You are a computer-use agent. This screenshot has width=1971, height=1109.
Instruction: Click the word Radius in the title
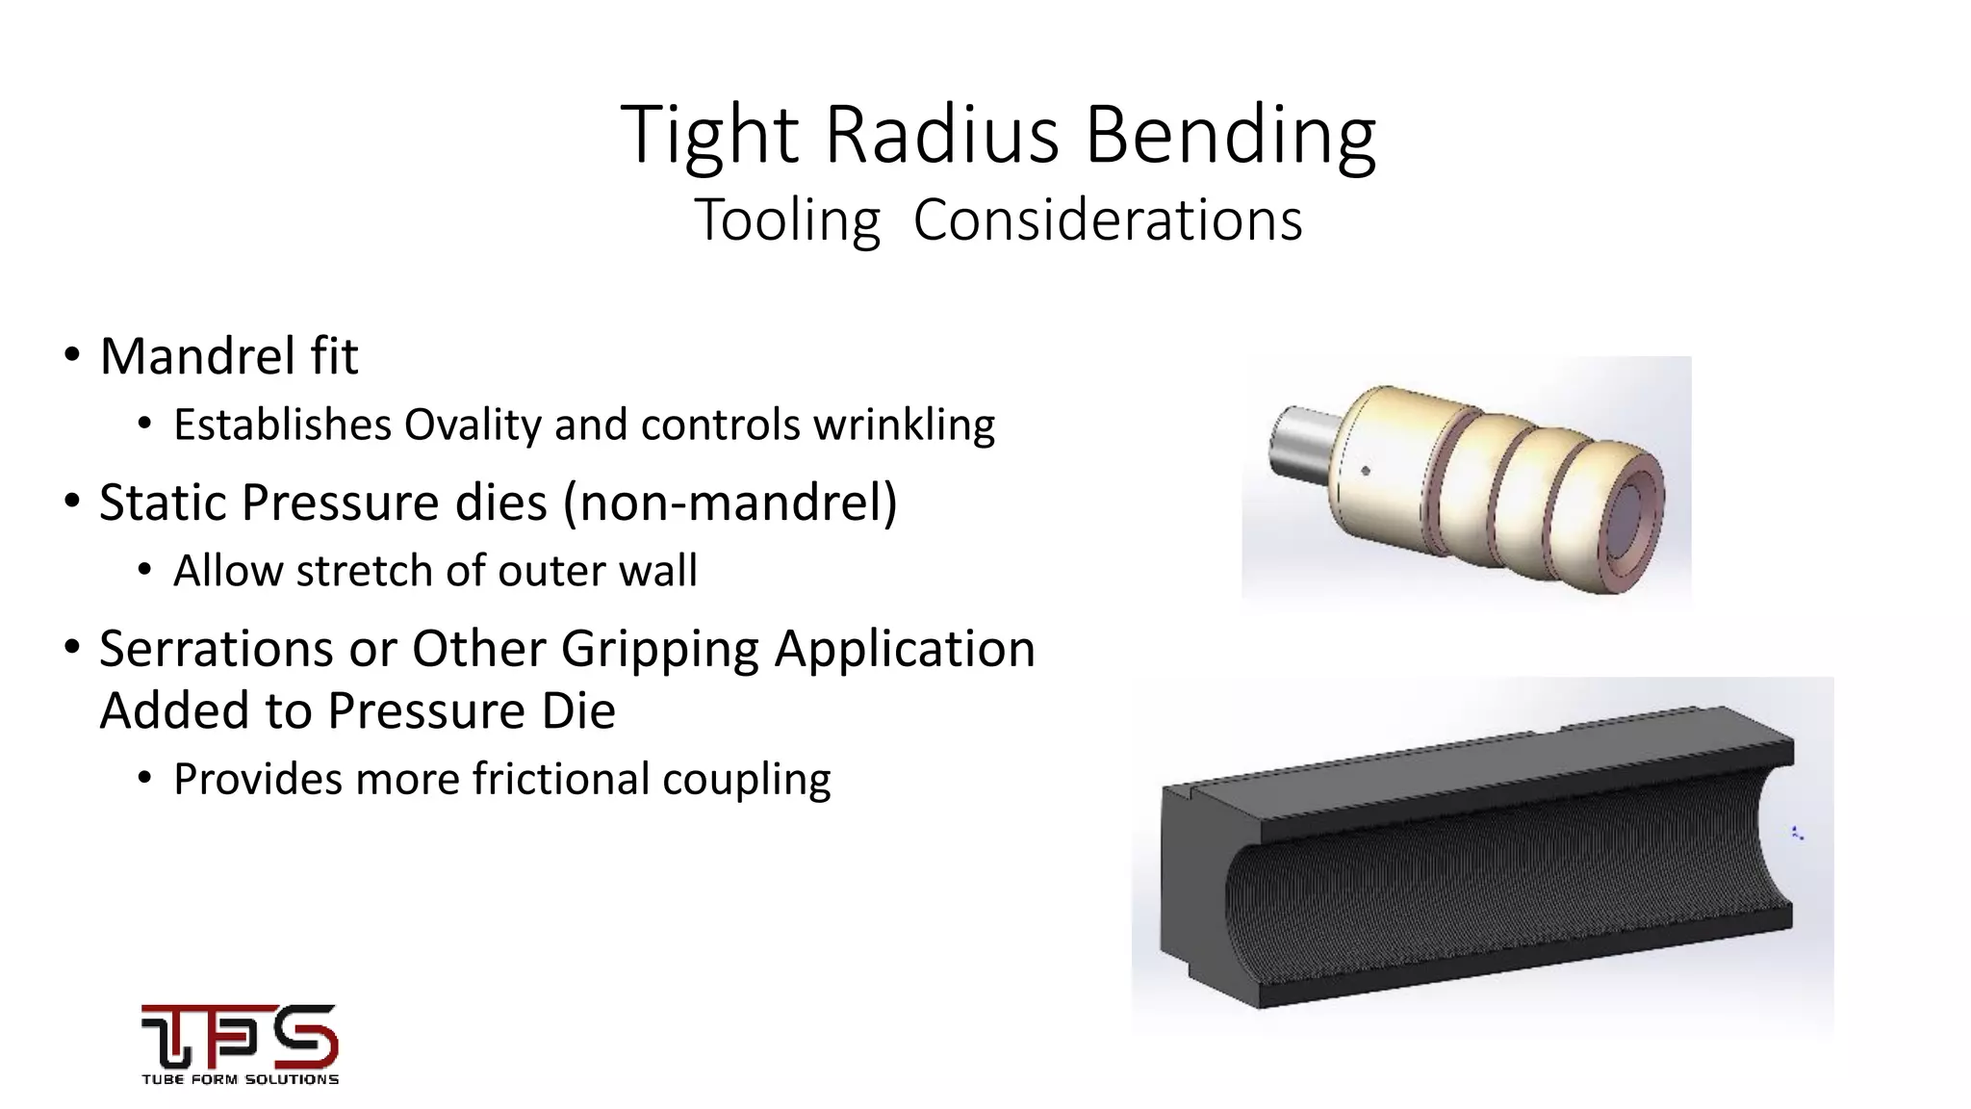(941, 135)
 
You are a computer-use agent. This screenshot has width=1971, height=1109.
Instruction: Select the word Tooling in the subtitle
(786, 220)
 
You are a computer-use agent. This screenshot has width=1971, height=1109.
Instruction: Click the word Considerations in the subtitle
(1107, 220)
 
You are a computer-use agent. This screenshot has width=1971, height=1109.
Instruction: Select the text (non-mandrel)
(730, 503)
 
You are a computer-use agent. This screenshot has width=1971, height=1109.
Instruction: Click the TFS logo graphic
(240, 1035)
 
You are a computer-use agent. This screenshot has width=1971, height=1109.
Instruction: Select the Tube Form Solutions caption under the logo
(240, 1079)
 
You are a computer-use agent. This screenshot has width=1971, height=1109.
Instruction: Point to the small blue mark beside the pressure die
(1796, 833)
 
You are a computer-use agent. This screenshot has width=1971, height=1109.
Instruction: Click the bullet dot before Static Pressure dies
(71, 503)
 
